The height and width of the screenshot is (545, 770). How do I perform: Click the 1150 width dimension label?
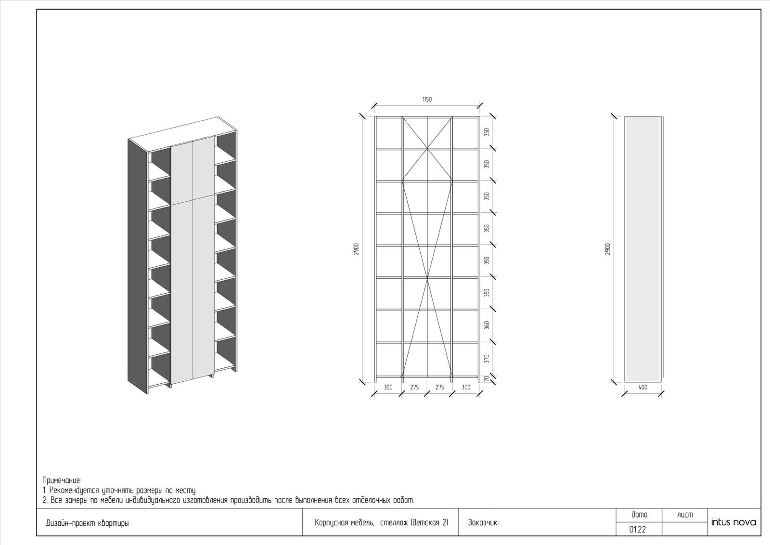click(427, 99)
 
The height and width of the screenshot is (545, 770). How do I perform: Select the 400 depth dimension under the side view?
click(642, 387)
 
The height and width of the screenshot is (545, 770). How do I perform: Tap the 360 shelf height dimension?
click(487, 325)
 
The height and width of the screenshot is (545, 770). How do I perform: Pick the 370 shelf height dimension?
click(487, 359)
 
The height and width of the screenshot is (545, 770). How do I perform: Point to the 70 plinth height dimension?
click(487, 378)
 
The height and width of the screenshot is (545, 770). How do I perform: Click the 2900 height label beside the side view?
click(608, 249)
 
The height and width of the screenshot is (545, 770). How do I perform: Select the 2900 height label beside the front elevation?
click(356, 249)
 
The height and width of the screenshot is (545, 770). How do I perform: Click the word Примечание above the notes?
click(62, 480)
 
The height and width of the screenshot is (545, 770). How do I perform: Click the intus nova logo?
click(733, 522)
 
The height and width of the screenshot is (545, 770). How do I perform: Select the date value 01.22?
click(637, 530)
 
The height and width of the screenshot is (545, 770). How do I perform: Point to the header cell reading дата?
click(640, 515)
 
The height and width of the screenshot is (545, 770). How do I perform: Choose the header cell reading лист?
click(685, 515)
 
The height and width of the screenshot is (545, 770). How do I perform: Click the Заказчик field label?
click(483, 523)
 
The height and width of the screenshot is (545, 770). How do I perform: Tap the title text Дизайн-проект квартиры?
click(87, 523)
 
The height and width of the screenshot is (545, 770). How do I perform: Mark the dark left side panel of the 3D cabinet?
click(138, 266)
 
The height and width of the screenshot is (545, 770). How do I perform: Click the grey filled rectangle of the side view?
click(643, 249)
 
